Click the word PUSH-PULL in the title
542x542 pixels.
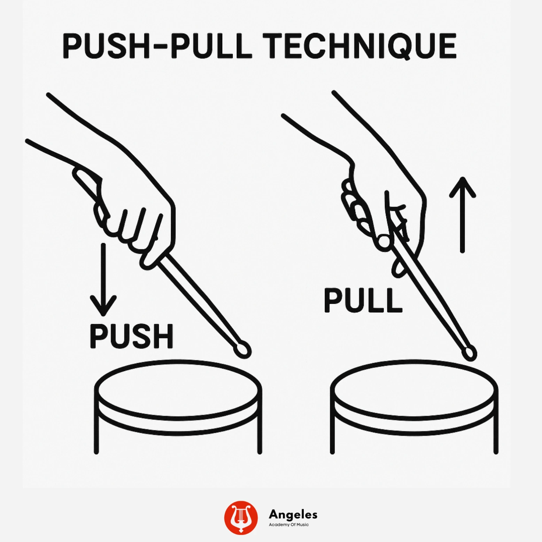coord(157,46)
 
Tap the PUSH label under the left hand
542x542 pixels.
coord(131,336)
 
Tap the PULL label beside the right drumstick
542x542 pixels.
coord(363,300)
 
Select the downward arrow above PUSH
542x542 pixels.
coord(103,279)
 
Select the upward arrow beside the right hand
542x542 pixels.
coord(462,214)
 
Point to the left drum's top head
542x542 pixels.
coord(178,389)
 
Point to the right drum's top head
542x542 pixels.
coord(414,389)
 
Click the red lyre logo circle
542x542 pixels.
coord(241,517)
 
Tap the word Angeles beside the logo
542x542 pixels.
coord(293,514)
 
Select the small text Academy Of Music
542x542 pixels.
coord(288,525)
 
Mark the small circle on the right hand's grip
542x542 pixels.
coord(384,241)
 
